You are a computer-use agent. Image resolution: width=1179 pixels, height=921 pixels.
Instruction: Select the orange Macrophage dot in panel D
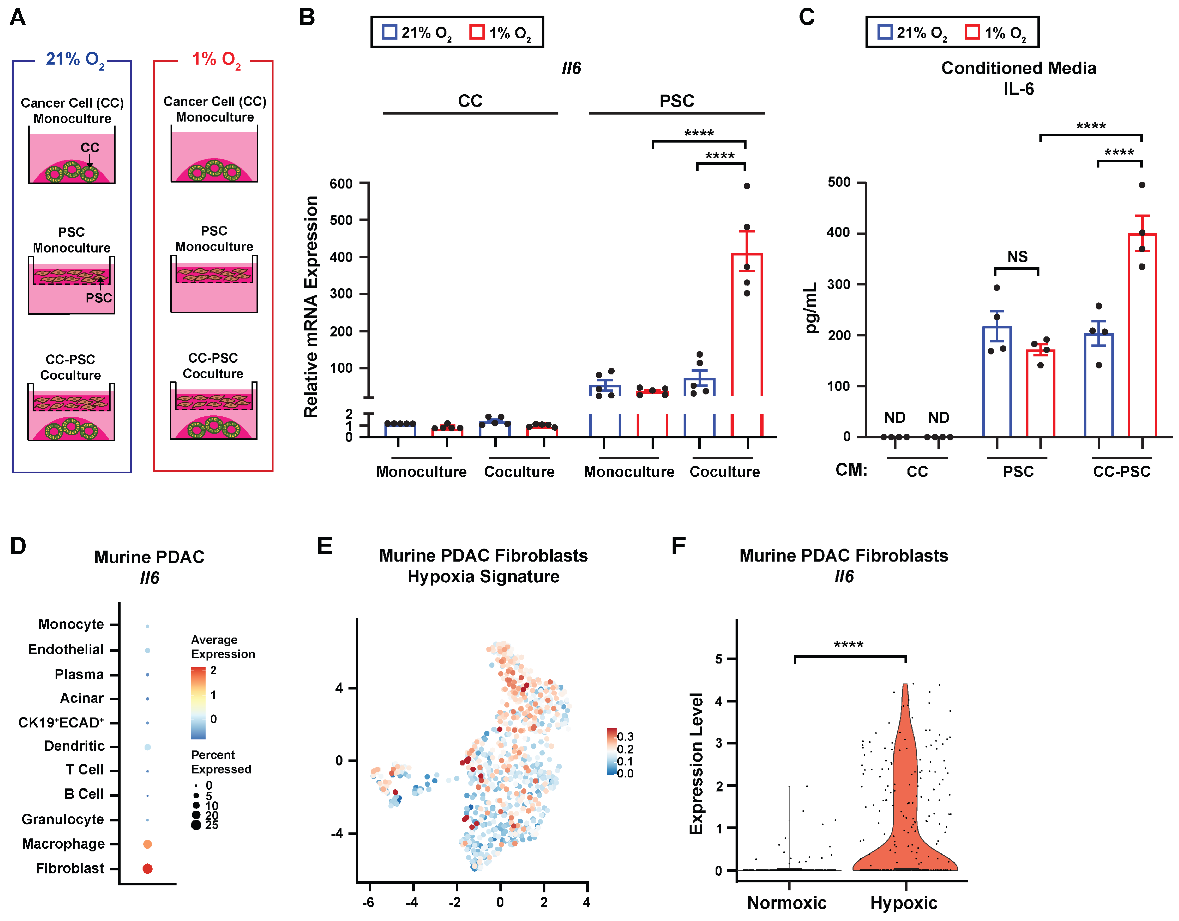tap(147, 844)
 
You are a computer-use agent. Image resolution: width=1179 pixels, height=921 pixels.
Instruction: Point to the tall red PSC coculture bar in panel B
tap(747, 324)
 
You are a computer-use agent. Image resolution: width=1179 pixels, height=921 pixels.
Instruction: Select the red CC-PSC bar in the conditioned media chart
tap(1142, 335)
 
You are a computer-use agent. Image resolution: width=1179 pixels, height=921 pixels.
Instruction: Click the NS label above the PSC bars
tap(1017, 257)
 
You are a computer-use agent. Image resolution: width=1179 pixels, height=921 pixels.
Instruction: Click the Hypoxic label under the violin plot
tap(904, 903)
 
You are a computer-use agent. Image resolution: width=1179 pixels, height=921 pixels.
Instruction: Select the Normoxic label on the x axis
tap(787, 903)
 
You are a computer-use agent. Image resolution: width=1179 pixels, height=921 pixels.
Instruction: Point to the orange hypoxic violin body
tap(905, 810)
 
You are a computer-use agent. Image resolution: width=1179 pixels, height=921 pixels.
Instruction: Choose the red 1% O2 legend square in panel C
tap(972, 32)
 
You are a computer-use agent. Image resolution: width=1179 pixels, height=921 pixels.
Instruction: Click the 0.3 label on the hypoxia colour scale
tap(625, 737)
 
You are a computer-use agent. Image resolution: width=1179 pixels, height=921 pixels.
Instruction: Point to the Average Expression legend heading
tap(223, 647)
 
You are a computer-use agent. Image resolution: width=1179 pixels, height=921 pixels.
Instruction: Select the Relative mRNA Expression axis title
tap(311, 307)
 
